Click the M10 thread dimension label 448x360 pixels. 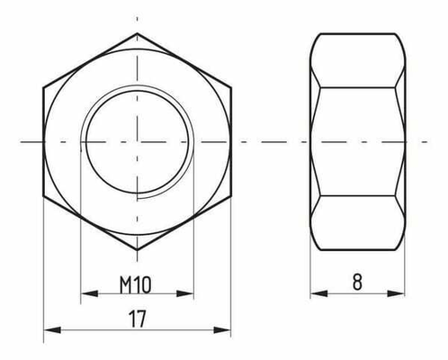[135, 283]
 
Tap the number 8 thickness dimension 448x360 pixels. [357, 283]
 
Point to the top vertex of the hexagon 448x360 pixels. [138, 34]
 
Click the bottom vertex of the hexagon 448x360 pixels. [138, 248]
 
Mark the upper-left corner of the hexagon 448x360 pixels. [44, 88]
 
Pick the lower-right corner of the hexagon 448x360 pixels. [231, 195]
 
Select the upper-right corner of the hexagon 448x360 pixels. [231, 88]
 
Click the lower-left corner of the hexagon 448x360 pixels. [44, 195]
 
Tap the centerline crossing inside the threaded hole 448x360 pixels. [138, 141]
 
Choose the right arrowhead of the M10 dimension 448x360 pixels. [189, 293]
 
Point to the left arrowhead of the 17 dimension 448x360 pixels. [49, 329]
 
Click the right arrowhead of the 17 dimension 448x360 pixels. [226, 329]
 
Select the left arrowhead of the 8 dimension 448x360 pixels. [317, 293]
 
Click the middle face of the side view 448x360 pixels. [357, 141]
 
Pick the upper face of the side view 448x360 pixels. [357, 61]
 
